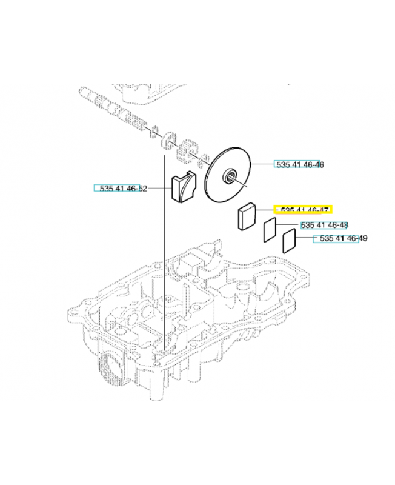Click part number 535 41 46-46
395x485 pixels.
tap(300, 164)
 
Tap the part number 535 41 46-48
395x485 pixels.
tap(324, 225)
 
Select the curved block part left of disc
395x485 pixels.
tap(184, 187)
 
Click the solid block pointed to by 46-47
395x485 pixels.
tap(247, 216)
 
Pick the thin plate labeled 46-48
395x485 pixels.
tap(270, 230)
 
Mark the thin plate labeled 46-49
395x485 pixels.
tap(290, 241)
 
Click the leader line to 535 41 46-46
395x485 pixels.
tap(263, 164)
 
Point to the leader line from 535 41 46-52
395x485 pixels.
tap(159, 188)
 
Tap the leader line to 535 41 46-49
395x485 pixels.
tap(305, 238)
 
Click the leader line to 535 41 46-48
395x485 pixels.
tap(288, 224)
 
